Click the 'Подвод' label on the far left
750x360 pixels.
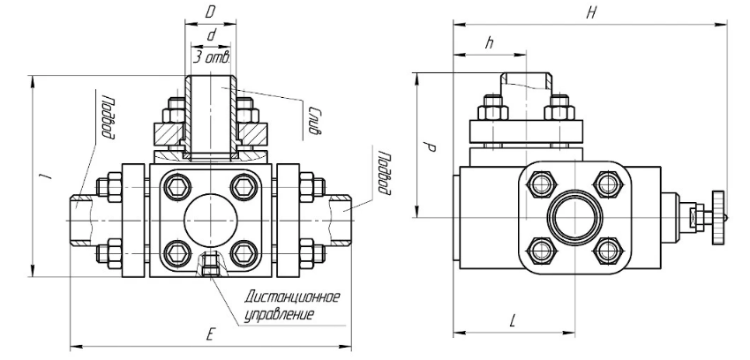coord(107,117)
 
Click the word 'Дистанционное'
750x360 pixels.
coord(296,296)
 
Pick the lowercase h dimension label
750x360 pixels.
coord(487,43)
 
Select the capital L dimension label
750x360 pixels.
coord(512,320)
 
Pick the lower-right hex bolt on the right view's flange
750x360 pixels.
coord(604,251)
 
